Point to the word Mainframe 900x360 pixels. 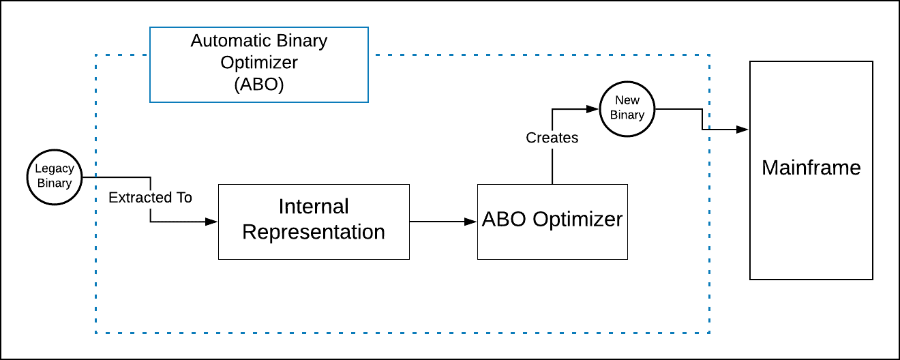[x=811, y=168]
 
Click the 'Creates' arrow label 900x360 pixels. [x=552, y=138]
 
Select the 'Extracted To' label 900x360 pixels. [x=150, y=197]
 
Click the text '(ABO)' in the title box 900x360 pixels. [x=259, y=85]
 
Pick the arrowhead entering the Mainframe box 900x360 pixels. [x=742, y=130]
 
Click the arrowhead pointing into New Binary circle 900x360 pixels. [x=592, y=109]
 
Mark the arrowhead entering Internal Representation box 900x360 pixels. [x=211, y=222]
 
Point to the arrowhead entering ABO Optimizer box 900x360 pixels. [x=470, y=222]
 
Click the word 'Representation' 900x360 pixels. [x=314, y=232]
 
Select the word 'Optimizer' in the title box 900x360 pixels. [x=259, y=63]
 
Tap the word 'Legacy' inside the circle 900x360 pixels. [x=55, y=169]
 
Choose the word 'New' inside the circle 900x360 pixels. [x=627, y=100]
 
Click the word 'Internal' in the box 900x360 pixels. [x=314, y=207]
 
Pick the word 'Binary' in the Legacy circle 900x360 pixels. [x=55, y=183]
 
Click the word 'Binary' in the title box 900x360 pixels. [x=302, y=41]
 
